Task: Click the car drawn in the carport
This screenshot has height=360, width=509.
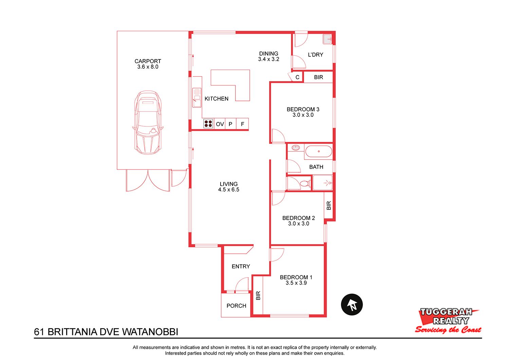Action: [148, 123]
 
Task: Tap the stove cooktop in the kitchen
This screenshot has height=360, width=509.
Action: [208, 124]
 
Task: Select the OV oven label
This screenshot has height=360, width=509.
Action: [220, 124]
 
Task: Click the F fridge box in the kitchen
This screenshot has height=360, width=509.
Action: [243, 124]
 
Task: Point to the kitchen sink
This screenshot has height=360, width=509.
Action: [197, 97]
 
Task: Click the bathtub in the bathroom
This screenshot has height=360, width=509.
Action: [319, 151]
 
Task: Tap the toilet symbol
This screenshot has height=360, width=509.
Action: [304, 183]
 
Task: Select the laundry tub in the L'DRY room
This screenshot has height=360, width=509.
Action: [327, 39]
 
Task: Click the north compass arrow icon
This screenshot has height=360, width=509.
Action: [352, 305]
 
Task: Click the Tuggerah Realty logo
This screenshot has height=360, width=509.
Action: [448, 321]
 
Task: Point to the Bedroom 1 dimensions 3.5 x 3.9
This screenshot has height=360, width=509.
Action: [296, 283]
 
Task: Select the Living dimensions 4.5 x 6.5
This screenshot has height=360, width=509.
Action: [229, 190]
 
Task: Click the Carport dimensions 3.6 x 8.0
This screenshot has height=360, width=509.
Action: [148, 67]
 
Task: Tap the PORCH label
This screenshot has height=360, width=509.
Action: [236, 306]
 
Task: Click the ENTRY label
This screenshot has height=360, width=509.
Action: [241, 267]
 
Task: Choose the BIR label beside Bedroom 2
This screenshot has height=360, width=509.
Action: [328, 205]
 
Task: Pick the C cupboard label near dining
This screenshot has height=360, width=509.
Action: [297, 77]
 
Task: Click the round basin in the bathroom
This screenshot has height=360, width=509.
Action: [296, 148]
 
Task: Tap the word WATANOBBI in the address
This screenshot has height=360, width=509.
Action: [150, 332]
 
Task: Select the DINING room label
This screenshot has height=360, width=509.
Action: [269, 54]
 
